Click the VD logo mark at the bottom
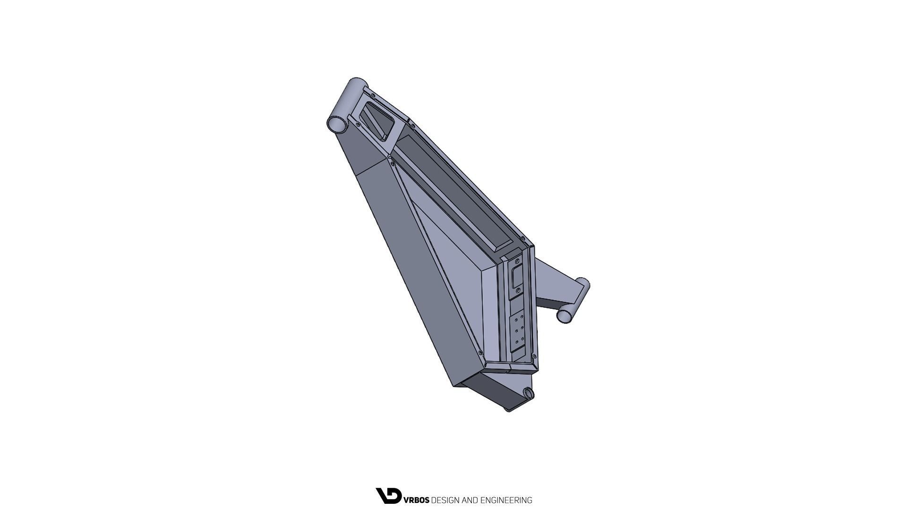point(388,496)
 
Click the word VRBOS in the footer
point(416,500)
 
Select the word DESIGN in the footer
point(445,500)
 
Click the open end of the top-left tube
point(336,124)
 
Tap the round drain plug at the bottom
point(528,393)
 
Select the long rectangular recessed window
point(453,194)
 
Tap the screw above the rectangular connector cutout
point(518,259)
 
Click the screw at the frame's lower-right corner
point(534,356)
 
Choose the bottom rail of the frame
point(510,365)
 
